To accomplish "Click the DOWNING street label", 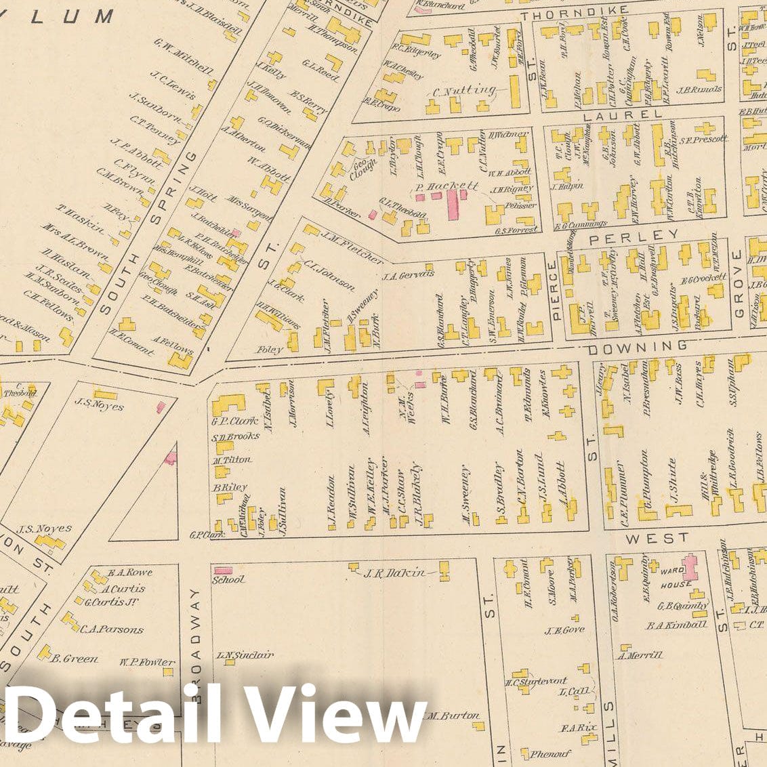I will click(x=636, y=348).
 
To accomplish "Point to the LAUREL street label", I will click(x=621, y=115).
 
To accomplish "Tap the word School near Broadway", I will click(x=228, y=580).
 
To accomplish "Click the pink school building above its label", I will click(x=223, y=570).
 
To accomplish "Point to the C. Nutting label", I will click(x=464, y=90).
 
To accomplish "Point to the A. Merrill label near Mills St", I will click(x=640, y=655).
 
